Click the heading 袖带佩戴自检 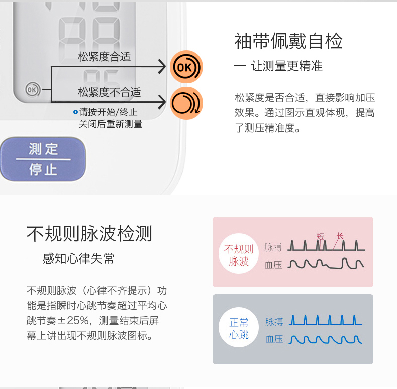288,41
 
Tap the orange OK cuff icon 186,67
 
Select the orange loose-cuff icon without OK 186,103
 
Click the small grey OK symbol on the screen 32,89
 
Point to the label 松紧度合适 104,57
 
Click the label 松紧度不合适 109,92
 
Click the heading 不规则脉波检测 89,234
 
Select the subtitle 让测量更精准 286,66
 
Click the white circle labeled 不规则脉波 239,255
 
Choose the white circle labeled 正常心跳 239,328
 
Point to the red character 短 321,236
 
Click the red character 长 340,235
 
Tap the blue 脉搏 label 274,322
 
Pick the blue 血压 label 274,339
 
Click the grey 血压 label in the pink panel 274,265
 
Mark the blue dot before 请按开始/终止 75,112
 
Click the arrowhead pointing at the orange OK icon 161,66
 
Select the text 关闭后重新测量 111,124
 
